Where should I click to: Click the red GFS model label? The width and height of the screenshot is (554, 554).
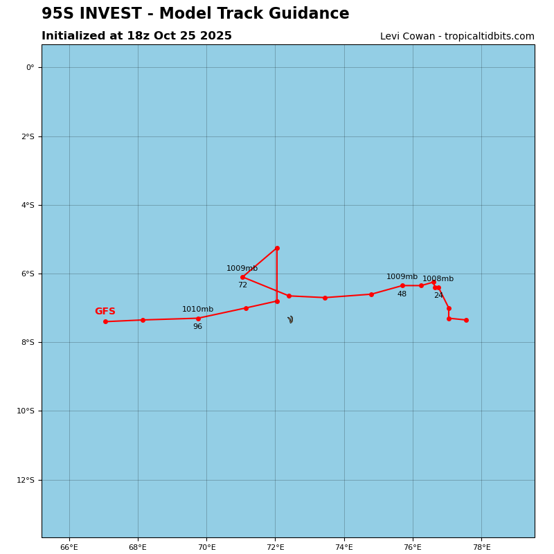pyautogui.click(x=105, y=312)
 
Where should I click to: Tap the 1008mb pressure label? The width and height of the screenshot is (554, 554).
pyautogui.click(x=438, y=279)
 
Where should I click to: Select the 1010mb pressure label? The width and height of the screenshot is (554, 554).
pyautogui.click(x=197, y=310)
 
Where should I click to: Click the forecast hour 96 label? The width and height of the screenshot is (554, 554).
pyautogui.click(x=197, y=327)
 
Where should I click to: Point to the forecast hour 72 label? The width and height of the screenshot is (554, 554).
pyautogui.click(x=242, y=285)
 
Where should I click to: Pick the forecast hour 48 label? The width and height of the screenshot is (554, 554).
pyautogui.click(x=402, y=294)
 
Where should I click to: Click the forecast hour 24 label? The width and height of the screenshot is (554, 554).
pyautogui.click(x=438, y=296)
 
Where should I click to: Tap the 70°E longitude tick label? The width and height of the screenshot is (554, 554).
pyautogui.click(x=206, y=547)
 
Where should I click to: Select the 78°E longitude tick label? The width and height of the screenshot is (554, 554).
pyautogui.click(x=481, y=547)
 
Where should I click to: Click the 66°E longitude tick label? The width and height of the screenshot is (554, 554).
pyautogui.click(x=69, y=547)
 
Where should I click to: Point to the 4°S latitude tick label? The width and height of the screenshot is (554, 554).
pyautogui.click(x=26, y=205)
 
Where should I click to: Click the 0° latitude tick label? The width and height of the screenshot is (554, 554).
pyautogui.click(x=30, y=67)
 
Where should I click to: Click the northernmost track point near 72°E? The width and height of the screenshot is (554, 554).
pyautogui.click(x=277, y=248)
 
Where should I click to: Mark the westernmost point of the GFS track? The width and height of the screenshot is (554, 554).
pyautogui.click(x=105, y=321)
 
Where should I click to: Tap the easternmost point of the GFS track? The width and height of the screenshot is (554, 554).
pyautogui.click(x=466, y=320)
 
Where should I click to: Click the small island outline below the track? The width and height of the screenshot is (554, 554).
pyautogui.click(x=291, y=320)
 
